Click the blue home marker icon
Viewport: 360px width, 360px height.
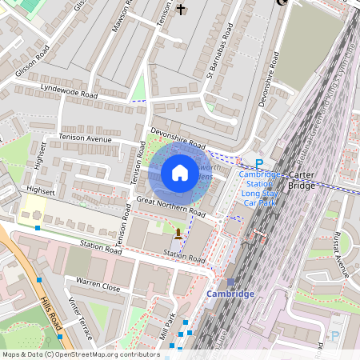(180, 173)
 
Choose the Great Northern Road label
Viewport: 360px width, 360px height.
(170, 206)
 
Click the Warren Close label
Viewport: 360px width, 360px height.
(98, 284)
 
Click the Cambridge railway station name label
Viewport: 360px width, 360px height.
(230, 294)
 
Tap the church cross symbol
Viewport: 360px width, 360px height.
(181, 10)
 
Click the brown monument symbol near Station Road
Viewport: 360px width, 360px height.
(178, 234)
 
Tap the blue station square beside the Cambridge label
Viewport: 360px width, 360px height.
(230, 282)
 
